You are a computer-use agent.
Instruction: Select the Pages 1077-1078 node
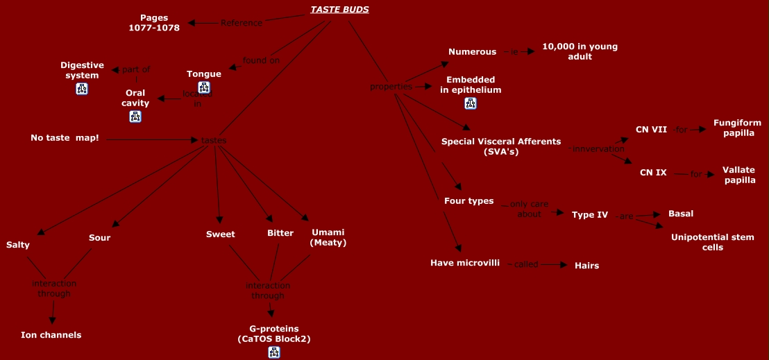[154, 23]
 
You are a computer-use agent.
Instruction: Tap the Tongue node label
[204, 74]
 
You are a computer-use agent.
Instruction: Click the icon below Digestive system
[82, 89]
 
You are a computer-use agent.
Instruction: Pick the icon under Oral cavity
[135, 117]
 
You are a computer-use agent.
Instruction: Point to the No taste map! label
[65, 138]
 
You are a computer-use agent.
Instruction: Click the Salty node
[18, 245]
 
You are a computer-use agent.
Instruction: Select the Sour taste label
[99, 238]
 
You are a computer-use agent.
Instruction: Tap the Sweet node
[220, 234]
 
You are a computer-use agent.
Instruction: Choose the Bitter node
[280, 233]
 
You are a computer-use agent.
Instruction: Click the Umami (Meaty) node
[328, 238]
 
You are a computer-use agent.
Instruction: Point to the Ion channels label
[51, 335]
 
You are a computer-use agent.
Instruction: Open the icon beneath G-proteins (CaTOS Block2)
[274, 352]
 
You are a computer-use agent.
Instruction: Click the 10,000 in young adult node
[580, 51]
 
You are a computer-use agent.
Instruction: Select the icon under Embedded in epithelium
[471, 103]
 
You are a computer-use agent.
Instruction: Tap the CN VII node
[651, 129]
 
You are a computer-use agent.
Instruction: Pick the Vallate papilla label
[738, 175]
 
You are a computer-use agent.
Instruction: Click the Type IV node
[590, 215]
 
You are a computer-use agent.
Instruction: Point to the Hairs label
[586, 266]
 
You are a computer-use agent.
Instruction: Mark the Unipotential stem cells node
[712, 242]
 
